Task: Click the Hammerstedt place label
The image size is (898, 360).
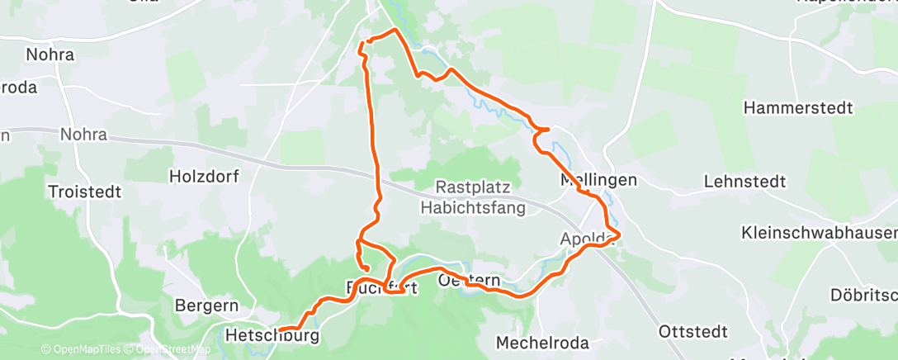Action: click(x=797, y=108)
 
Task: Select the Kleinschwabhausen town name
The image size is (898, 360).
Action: click(x=819, y=232)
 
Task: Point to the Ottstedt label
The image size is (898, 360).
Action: click(x=693, y=331)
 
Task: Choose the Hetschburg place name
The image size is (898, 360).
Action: click(x=272, y=336)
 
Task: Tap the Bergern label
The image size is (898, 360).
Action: click(x=206, y=306)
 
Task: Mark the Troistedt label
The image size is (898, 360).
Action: click(x=85, y=191)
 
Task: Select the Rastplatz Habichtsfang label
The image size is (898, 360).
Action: click(x=473, y=198)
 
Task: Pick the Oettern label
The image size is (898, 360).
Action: click(x=469, y=281)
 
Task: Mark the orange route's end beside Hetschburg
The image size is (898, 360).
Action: click(x=281, y=330)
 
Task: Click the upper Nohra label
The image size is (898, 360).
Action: click(x=50, y=55)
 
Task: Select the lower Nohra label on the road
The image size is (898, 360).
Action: click(x=83, y=135)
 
